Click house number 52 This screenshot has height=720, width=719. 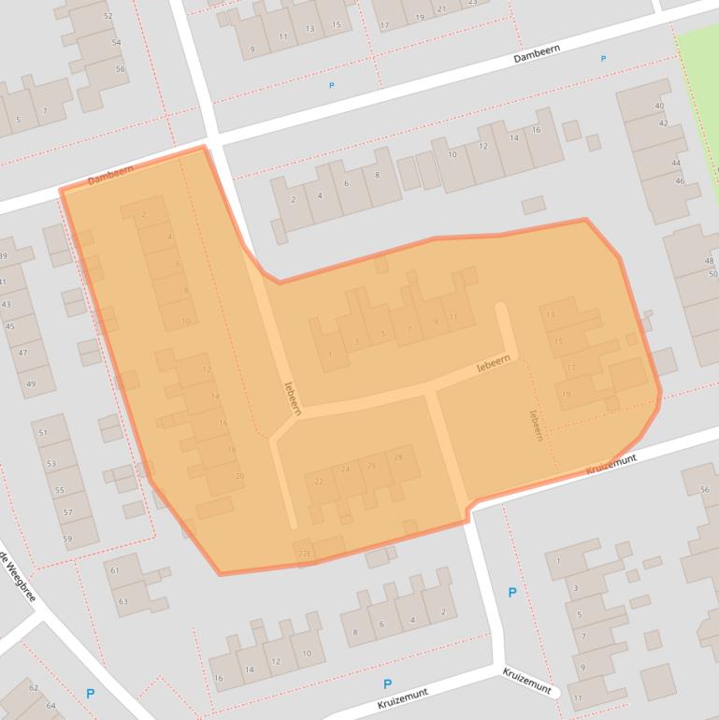(108, 17)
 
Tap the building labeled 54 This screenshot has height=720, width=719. (116, 43)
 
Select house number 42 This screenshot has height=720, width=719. (663, 123)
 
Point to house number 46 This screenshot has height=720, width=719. (680, 181)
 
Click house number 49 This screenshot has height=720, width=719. (30, 384)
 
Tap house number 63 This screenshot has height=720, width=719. (122, 601)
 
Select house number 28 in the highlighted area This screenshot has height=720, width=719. (399, 457)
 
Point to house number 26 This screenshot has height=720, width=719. (372, 465)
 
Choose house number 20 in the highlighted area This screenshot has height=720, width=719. (239, 477)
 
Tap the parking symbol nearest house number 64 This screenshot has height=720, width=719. (90, 694)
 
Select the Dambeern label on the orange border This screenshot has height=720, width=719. (110, 174)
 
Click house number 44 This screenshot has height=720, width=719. (675, 163)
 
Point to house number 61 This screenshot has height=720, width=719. (114, 570)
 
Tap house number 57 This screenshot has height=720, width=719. (67, 512)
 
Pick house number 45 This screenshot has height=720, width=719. (10, 326)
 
